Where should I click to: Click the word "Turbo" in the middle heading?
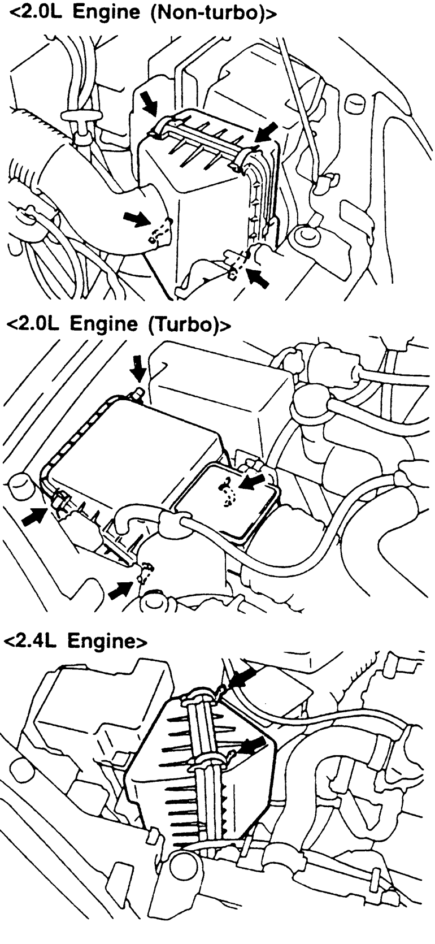[186, 326]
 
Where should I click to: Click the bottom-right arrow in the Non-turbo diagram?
[258, 278]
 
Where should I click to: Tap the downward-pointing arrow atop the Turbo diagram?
[137, 371]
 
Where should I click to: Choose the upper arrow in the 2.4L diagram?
[244, 677]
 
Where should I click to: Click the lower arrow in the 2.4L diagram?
[253, 744]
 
